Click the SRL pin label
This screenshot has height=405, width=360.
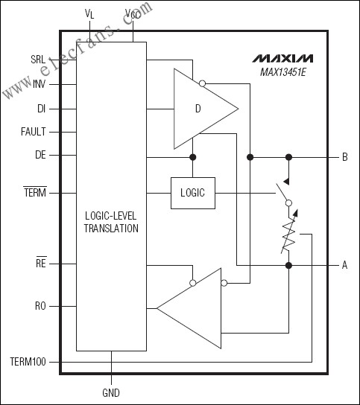coord(37,59)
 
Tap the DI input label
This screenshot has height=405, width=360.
coord(42,108)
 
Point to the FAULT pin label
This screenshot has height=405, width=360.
coord(34,132)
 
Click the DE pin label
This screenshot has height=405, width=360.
coord(41,155)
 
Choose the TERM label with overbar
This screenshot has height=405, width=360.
coord(35,193)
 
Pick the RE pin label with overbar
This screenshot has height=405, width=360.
coord(41,263)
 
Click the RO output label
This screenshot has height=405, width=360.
coord(41,305)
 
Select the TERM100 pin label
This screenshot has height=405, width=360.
coord(28,362)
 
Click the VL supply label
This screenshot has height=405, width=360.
coord(90,14)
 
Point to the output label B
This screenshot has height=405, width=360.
coord(344,157)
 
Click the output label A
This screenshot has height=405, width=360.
coord(344,264)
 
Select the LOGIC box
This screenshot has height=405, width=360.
coord(193,193)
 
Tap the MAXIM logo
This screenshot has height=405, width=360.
coord(282,57)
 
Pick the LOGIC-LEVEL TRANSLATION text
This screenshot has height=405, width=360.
coord(111,222)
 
